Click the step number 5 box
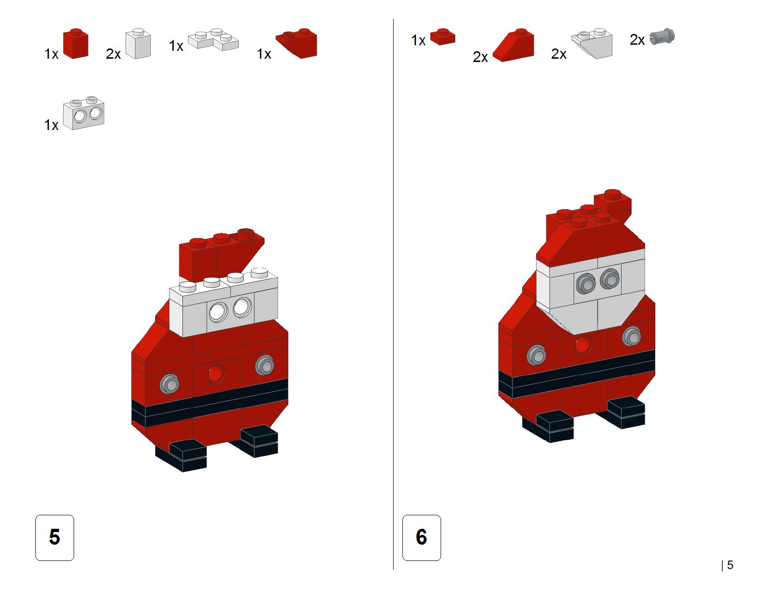pos(54,537)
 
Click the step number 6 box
pos(422,537)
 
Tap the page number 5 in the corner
pos(730,565)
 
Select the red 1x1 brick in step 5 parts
pos(75,43)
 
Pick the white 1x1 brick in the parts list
pos(138,43)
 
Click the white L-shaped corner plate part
pos(213,40)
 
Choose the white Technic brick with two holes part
pos(84,113)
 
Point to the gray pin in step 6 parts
pos(662,36)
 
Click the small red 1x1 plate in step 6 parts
pos(442,36)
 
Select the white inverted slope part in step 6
pos(592,43)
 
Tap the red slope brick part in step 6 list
pos(513,45)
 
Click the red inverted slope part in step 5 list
pos(297,43)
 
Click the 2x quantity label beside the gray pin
pos(637,40)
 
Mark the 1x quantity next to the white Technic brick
pos(51,125)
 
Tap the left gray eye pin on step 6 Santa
pos(585,284)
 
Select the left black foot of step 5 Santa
pos(181,456)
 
